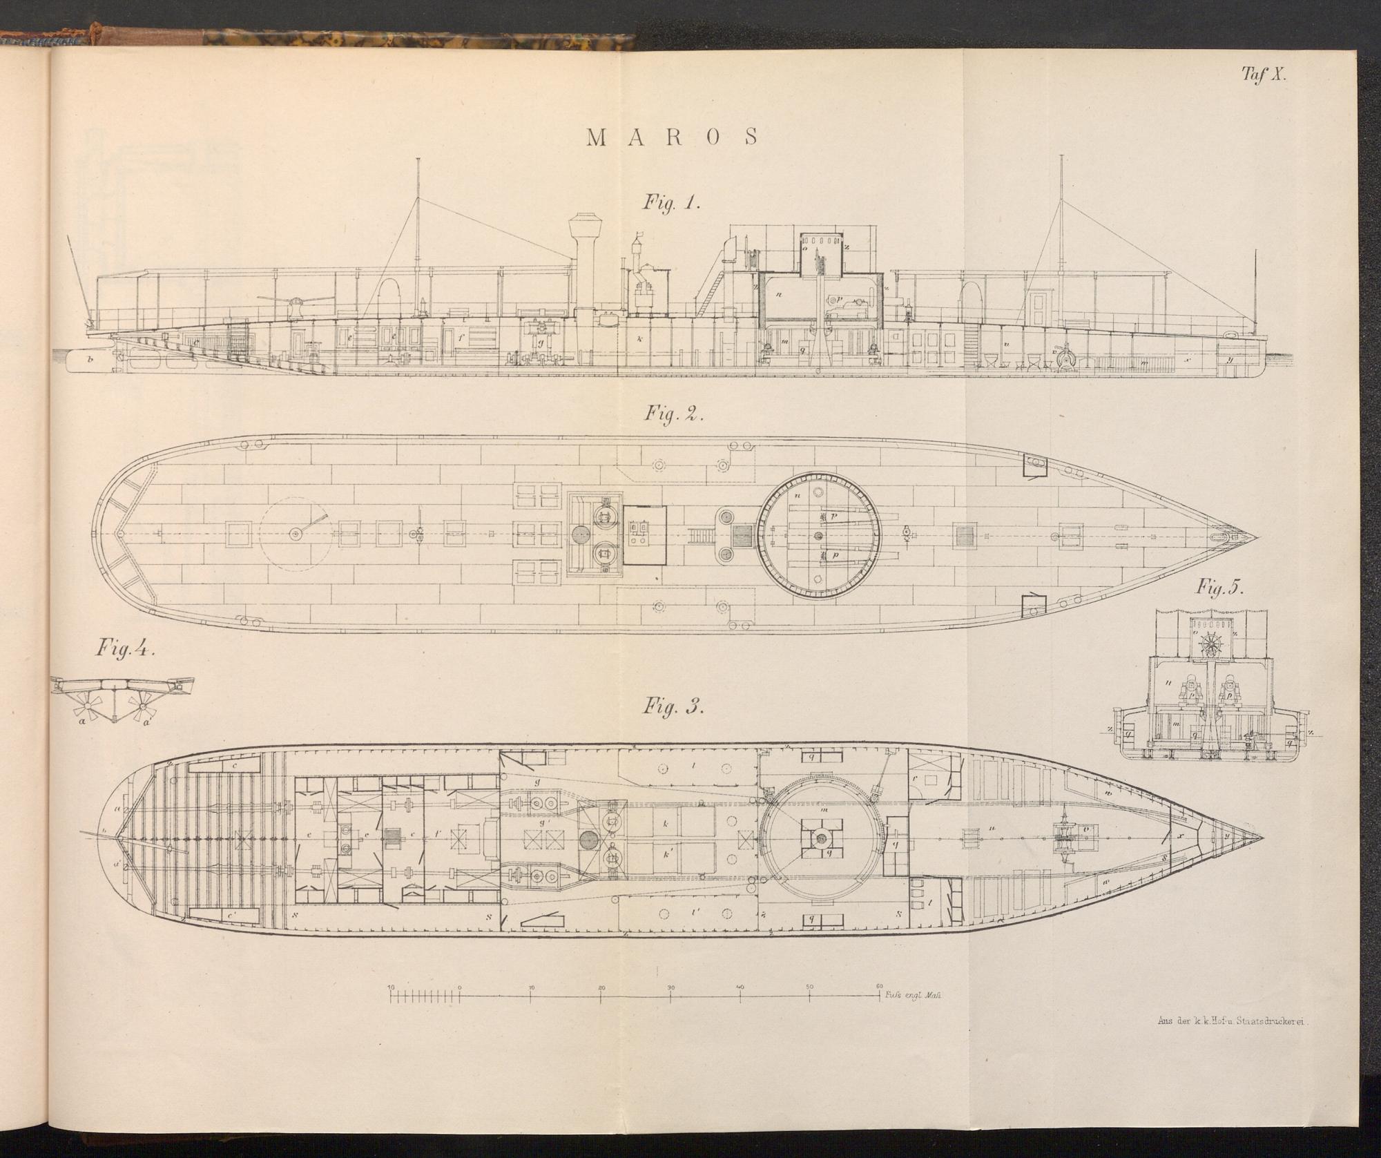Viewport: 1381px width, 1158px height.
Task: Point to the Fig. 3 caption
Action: pyautogui.click(x=671, y=708)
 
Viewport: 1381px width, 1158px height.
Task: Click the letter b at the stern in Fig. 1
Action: pyautogui.click(x=90, y=359)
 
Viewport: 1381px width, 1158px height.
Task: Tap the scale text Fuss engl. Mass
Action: pyautogui.click(x=913, y=996)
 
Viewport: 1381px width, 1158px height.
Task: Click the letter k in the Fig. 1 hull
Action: pyautogui.click(x=640, y=339)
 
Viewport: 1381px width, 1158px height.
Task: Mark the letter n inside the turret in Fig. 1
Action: pyautogui.click(x=778, y=293)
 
